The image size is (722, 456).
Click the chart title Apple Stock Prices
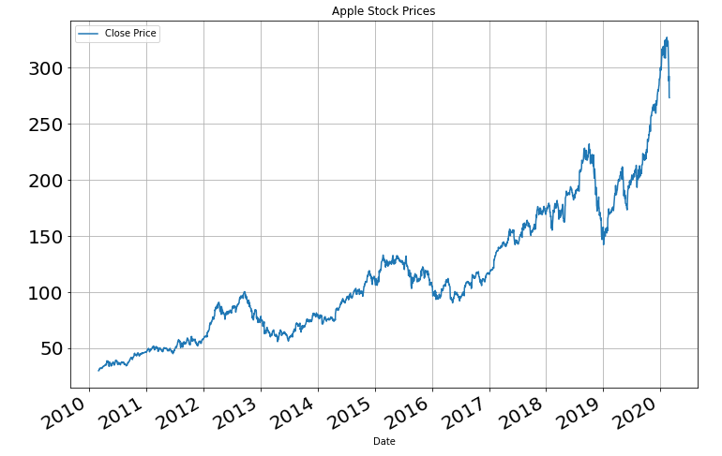(x=384, y=11)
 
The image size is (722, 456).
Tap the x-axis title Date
(x=384, y=441)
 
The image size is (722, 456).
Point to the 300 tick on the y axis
(x=43, y=68)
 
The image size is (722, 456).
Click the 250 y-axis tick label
(x=43, y=125)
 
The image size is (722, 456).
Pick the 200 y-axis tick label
(x=43, y=181)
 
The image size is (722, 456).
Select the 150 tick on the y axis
(x=43, y=237)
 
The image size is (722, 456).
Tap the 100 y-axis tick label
(x=43, y=293)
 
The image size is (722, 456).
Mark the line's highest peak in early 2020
(x=667, y=38)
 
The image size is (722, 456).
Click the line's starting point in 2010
(x=98, y=371)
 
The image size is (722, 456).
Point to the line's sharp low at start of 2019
(x=603, y=243)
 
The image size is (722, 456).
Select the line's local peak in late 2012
(x=245, y=292)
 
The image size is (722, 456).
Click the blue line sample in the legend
(x=89, y=34)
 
